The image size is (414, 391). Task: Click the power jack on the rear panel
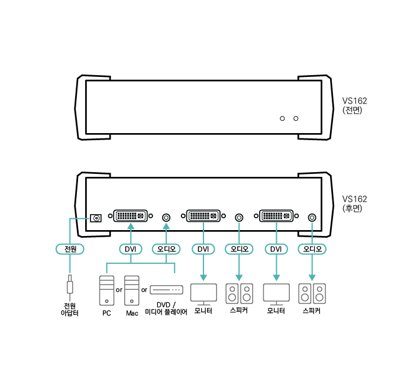[96, 218]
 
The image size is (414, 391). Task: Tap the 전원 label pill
[70, 249]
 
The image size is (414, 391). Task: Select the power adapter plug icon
[70, 285]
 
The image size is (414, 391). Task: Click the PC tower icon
[106, 290]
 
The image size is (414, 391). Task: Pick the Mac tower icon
[132, 290]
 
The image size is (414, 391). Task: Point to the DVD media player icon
[166, 290]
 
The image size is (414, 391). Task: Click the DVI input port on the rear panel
[131, 216]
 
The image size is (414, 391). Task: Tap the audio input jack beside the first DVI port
[166, 218]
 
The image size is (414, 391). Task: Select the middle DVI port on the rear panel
[203, 216]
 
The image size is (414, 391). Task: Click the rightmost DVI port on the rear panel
[276, 216]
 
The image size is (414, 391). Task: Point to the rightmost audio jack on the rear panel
[312, 218]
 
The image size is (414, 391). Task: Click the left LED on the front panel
[282, 118]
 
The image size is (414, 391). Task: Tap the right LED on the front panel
[296, 118]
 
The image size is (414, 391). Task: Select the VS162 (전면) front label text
[354, 105]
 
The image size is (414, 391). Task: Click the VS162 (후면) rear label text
[354, 203]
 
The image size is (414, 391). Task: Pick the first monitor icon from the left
[203, 294]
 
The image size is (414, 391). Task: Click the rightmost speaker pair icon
[312, 293]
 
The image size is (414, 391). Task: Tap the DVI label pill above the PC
[131, 249]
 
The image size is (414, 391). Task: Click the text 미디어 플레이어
[166, 312]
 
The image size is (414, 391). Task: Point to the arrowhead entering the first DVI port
[131, 226]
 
